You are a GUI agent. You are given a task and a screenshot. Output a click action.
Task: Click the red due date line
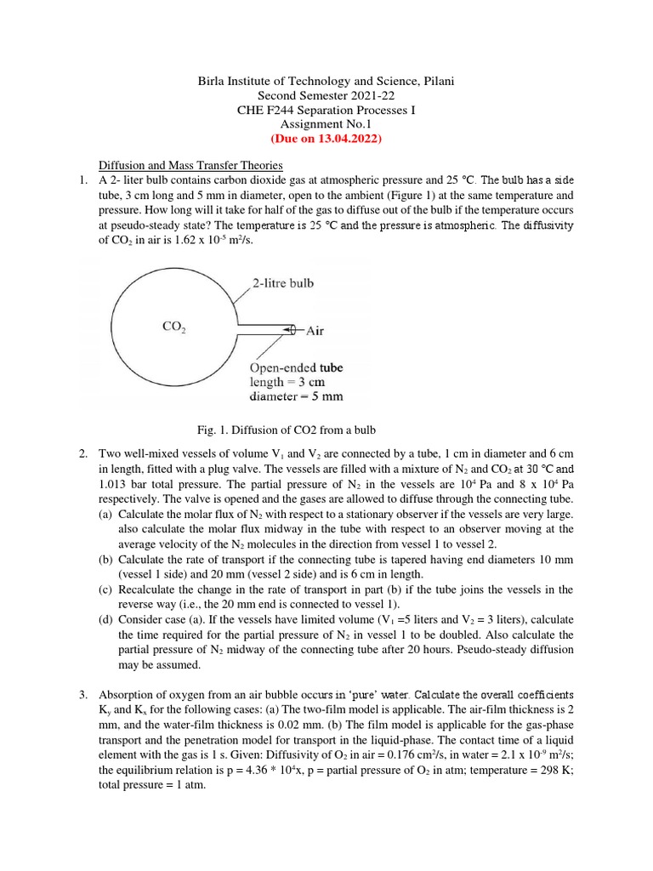[326, 139]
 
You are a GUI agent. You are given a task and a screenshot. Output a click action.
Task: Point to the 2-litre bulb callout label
[282, 282]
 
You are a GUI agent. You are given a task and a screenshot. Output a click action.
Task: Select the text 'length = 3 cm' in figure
[287, 382]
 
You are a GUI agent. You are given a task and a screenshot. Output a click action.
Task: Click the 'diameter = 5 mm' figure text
[296, 396]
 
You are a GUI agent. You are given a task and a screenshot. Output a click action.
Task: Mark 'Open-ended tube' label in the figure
[296, 367]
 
